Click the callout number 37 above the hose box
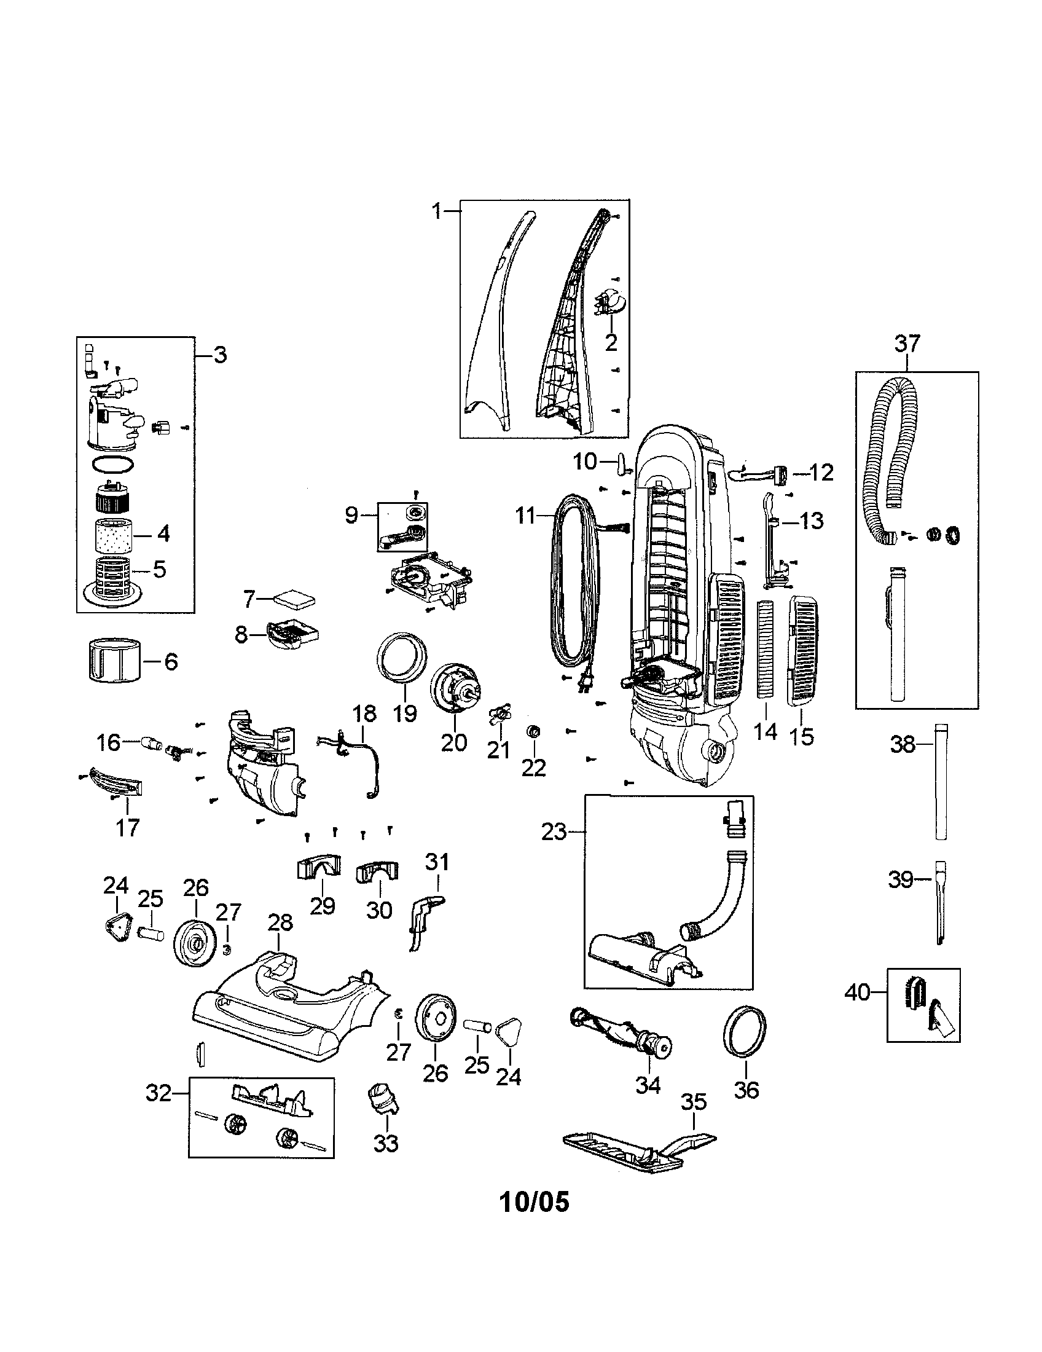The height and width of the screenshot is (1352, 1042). [907, 344]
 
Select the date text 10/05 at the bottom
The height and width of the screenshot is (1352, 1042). [534, 1201]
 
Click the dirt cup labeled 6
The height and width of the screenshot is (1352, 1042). [112, 661]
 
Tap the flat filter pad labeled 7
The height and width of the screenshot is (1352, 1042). [296, 599]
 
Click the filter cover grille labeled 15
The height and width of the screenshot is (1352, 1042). [803, 651]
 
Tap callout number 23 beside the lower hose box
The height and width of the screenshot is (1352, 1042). [554, 832]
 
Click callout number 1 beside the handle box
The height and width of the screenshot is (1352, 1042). [437, 212]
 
